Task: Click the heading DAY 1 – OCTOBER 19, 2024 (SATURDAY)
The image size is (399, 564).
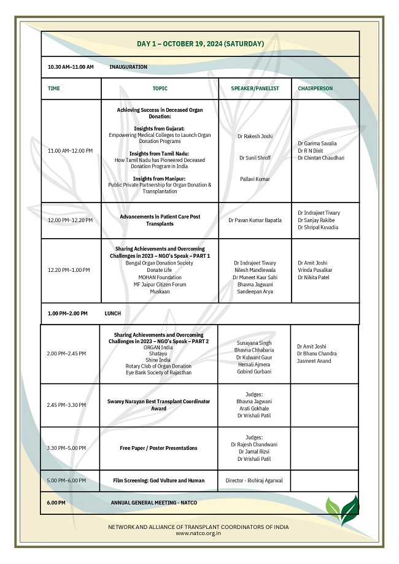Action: (200, 44)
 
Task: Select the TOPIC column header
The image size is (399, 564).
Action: (160, 88)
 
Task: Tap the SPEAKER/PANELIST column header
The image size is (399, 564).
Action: (255, 88)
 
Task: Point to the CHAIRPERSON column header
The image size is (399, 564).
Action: (315, 88)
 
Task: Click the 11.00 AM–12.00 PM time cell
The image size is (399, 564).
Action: (70, 150)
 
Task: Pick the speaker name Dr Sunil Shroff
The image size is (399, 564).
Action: (255, 158)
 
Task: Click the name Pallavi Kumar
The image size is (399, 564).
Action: (255, 179)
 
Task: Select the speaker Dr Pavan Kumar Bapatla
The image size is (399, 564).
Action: (255, 220)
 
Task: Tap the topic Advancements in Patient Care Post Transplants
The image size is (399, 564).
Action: (160, 220)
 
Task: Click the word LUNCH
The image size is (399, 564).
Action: (113, 314)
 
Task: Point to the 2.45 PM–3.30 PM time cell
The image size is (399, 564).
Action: (66, 405)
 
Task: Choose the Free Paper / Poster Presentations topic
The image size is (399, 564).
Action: (159, 448)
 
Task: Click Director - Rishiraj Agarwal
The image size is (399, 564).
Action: (254, 481)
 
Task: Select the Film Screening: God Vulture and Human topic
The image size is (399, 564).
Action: (159, 481)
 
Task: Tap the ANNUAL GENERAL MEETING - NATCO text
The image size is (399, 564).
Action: (153, 503)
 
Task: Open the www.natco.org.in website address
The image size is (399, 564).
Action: (198, 533)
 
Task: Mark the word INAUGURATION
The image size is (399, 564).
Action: (128, 67)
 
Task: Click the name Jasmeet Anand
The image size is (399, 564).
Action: (314, 361)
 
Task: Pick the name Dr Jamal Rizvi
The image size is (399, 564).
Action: (254, 452)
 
